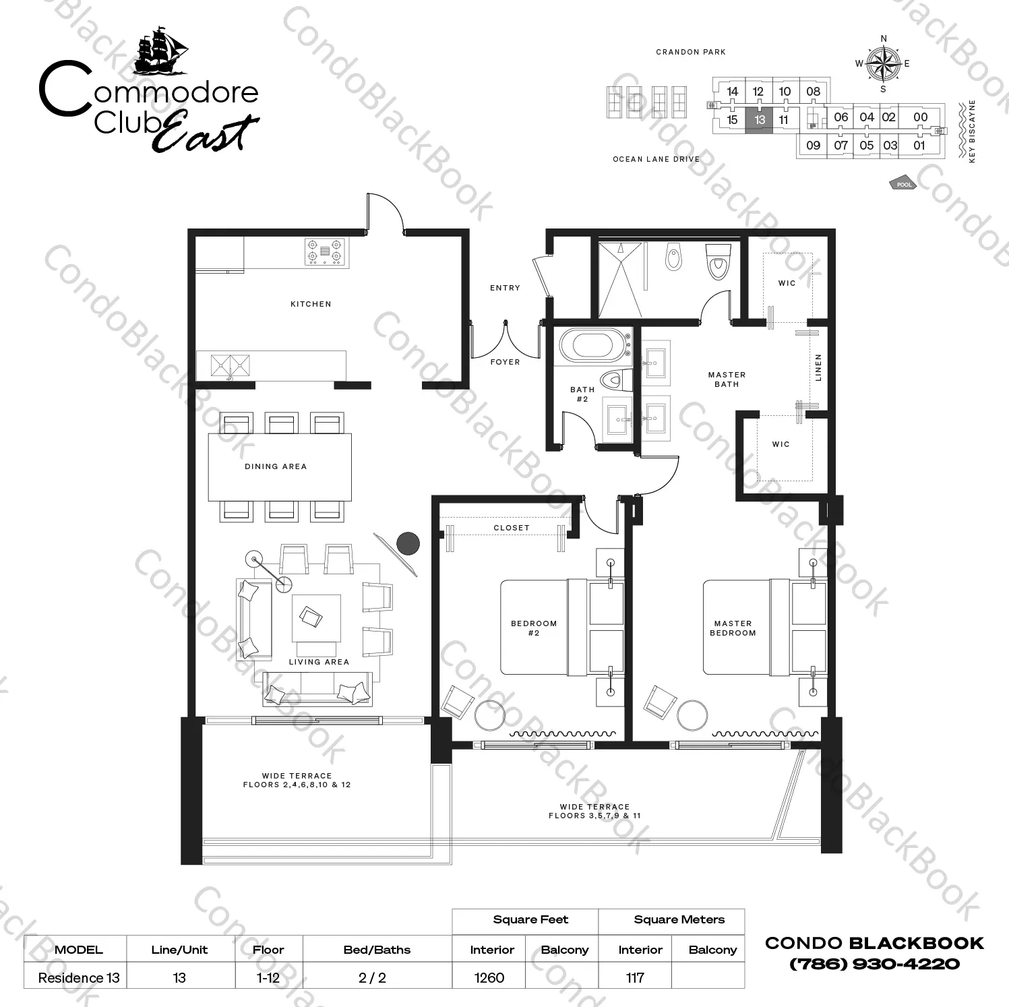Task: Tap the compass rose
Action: (x=884, y=64)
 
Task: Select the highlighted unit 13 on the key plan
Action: (x=760, y=120)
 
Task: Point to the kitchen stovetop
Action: (x=326, y=252)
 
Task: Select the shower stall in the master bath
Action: (x=620, y=279)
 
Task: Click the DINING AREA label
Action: (x=276, y=466)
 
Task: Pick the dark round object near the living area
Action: (x=408, y=543)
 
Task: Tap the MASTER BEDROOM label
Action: (x=733, y=628)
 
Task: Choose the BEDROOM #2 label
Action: (x=534, y=628)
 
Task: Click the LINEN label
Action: (x=819, y=368)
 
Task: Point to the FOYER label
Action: (x=505, y=362)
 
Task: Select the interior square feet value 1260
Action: (x=489, y=977)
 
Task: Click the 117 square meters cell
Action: (x=635, y=977)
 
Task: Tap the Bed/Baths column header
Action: (x=377, y=950)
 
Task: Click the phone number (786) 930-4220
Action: (x=874, y=964)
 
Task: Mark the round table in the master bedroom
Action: (x=693, y=715)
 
